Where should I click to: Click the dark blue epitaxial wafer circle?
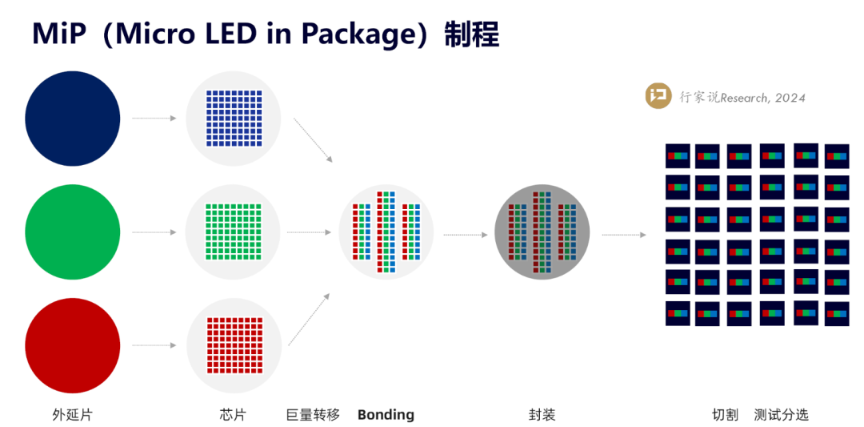(x=73, y=119)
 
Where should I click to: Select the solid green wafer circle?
(x=73, y=232)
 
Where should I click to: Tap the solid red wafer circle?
(x=73, y=345)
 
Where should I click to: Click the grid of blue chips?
(x=234, y=119)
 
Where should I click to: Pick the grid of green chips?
(x=234, y=232)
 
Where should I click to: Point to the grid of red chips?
(x=234, y=345)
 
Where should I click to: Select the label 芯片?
(x=233, y=415)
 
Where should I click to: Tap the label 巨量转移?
(x=313, y=415)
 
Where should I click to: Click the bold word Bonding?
(x=386, y=415)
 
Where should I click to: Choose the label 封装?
(x=542, y=415)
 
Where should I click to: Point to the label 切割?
(x=725, y=415)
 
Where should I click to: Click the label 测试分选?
(x=781, y=415)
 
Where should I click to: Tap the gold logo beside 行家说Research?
(x=658, y=96)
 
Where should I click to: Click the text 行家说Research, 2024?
(x=742, y=98)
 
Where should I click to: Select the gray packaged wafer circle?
(x=542, y=232)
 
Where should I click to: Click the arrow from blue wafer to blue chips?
(x=154, y=119)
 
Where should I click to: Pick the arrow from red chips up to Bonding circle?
(x=309, y=319)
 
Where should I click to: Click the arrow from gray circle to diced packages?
(x=623, y=235)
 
